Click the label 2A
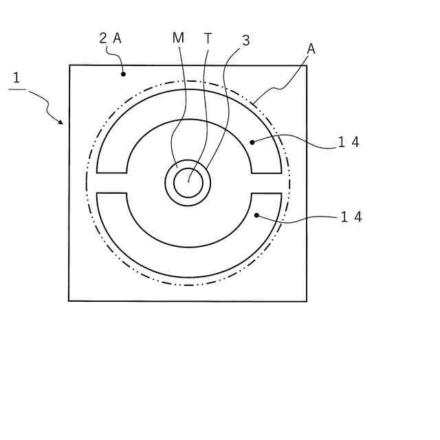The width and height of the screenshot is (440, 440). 110,38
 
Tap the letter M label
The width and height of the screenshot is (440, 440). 178,38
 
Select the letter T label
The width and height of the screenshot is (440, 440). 208,38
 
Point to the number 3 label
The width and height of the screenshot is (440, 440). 246,41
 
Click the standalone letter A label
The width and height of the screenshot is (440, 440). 311,49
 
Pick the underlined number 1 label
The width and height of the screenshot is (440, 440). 16,78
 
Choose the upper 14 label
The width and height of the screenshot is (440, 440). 349,142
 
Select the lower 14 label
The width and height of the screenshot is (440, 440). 351,217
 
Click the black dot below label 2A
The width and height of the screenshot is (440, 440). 123,74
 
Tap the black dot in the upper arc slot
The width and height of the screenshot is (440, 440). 252,142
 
